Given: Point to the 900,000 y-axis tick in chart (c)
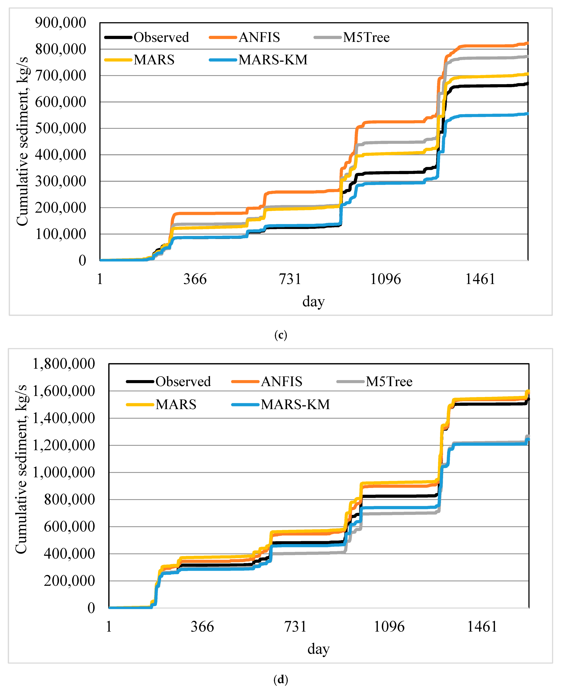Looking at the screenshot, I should [60, 23].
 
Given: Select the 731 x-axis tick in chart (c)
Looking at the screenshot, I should [290, 279].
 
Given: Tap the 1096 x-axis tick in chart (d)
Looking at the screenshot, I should [389, 627].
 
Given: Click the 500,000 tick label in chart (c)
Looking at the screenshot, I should [60, 128].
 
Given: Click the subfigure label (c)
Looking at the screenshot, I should [281, 335].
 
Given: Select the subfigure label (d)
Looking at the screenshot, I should [281, 679].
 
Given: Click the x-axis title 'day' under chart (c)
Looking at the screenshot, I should [313, 301].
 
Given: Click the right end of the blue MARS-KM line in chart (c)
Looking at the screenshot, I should [527, 114].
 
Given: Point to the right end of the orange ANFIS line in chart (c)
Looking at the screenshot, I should [527, 43].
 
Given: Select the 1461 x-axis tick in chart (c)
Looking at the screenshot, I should [480, 279].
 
